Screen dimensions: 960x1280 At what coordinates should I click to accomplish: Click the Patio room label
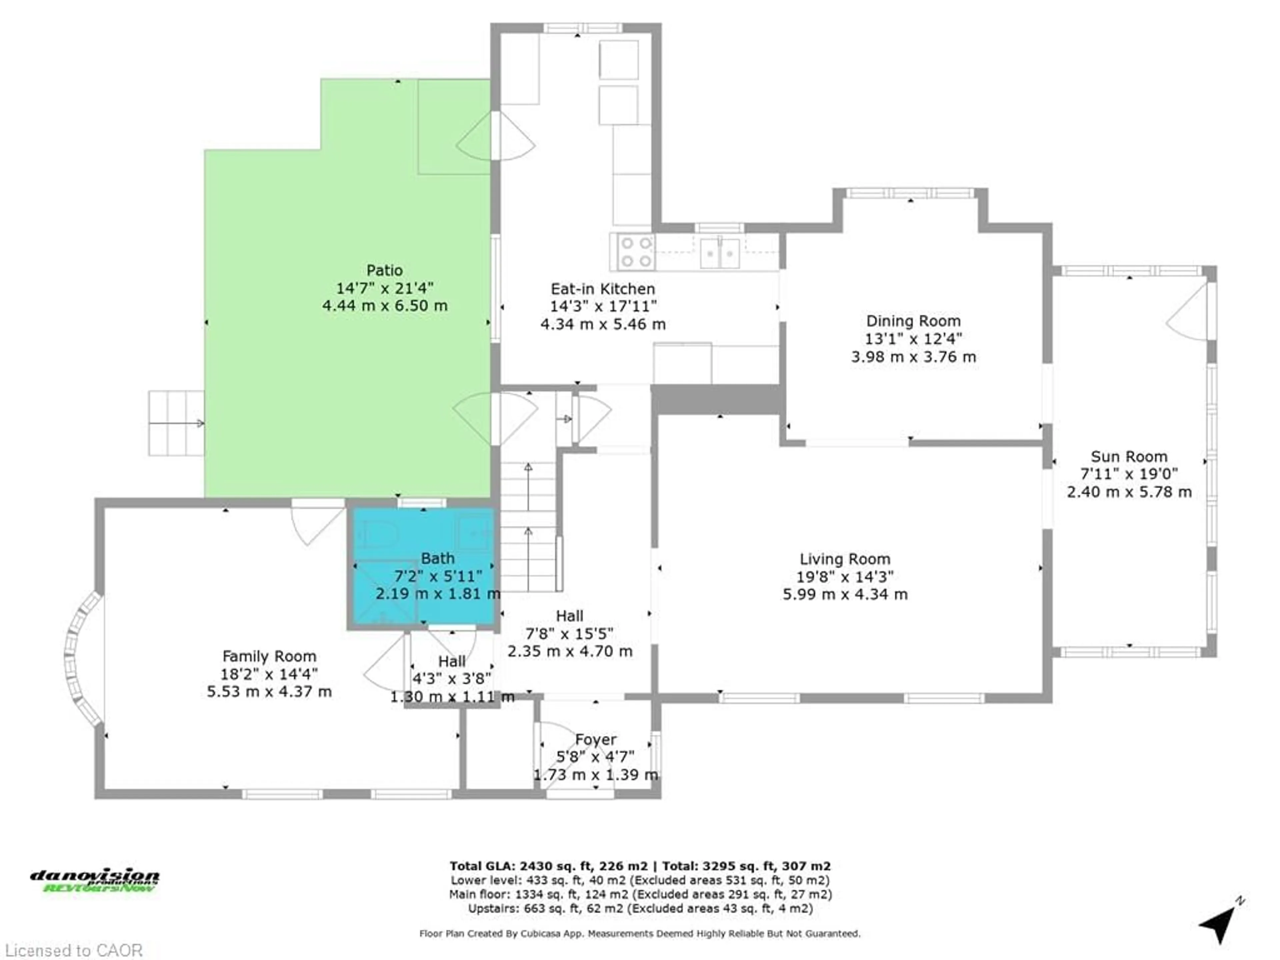pyautogui.click(x=384, y=270)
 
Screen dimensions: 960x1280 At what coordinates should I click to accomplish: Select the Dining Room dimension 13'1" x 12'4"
pyautogui.click(x=913, y=339)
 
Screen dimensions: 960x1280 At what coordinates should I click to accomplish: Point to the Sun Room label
pyautogui.click(x=1129, y=457)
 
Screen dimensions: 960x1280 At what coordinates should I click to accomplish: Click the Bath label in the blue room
pyautogui.click(x=437, y=558)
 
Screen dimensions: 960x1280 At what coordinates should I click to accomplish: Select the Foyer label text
pyautogui.click(x=595, y=740)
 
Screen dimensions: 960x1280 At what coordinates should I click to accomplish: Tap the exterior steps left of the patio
pyautogui.click(x=176, y=423)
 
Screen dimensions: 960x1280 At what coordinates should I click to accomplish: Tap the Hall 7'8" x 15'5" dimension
pyautogui.click(x=569, y=634)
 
